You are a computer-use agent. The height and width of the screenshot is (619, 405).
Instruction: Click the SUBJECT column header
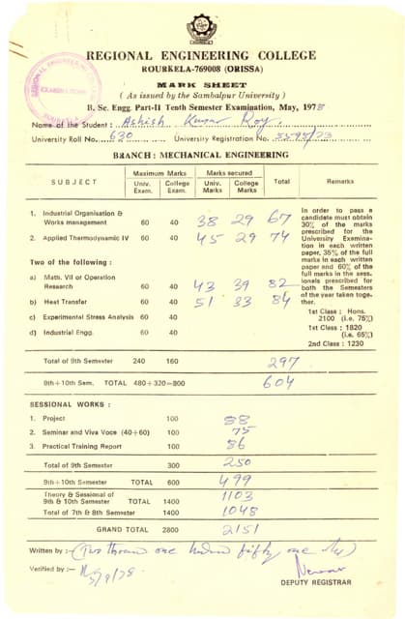74,182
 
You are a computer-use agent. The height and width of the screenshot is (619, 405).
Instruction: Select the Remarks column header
339,182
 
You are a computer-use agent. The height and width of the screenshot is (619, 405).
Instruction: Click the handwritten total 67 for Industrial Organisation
280,220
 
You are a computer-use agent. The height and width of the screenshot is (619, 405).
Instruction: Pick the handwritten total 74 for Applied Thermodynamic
280,237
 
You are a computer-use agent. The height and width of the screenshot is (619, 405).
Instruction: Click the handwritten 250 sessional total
237,464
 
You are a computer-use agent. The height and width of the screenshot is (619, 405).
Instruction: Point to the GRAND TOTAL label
123,529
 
